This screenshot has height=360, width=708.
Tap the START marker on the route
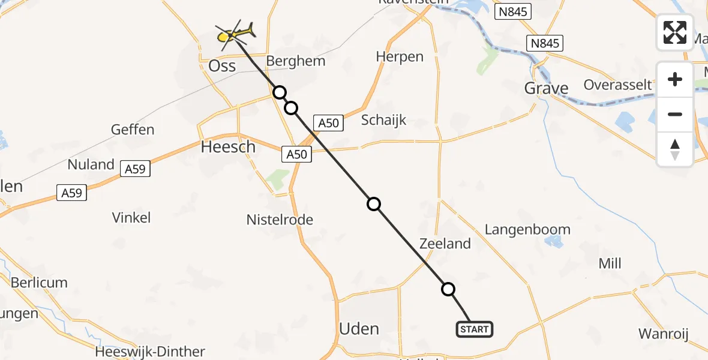[475, 329]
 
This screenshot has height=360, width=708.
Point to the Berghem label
[295, 61]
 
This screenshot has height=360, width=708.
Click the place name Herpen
[400, 57]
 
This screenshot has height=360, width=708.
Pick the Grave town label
[546, 89]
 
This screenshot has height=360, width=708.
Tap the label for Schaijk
[384, 120]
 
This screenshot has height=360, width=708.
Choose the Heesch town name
[228, 147]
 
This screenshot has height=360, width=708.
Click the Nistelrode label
[280, 220]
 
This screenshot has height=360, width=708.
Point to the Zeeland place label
[445, 244]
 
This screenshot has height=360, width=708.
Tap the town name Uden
[359, 329]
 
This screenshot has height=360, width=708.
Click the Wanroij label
[663, 334]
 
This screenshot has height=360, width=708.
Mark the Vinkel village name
[131, 218]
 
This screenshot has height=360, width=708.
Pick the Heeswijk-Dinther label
[150, 352]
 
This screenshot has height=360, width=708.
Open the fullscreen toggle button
[675, 32]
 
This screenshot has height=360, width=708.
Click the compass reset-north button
[675, 149]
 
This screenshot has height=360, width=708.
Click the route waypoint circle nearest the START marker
[448, 289]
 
